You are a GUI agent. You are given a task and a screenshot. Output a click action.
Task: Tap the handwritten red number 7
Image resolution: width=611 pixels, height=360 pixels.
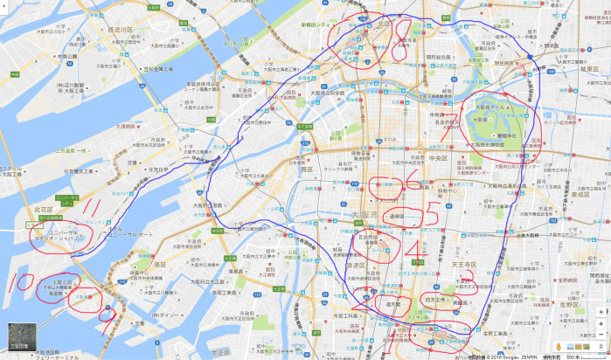click(451, 129)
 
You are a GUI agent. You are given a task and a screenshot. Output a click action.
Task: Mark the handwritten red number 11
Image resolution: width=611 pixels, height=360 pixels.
click(90, 210)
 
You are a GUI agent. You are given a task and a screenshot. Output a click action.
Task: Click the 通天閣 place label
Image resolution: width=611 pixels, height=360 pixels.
click(393, 303)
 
